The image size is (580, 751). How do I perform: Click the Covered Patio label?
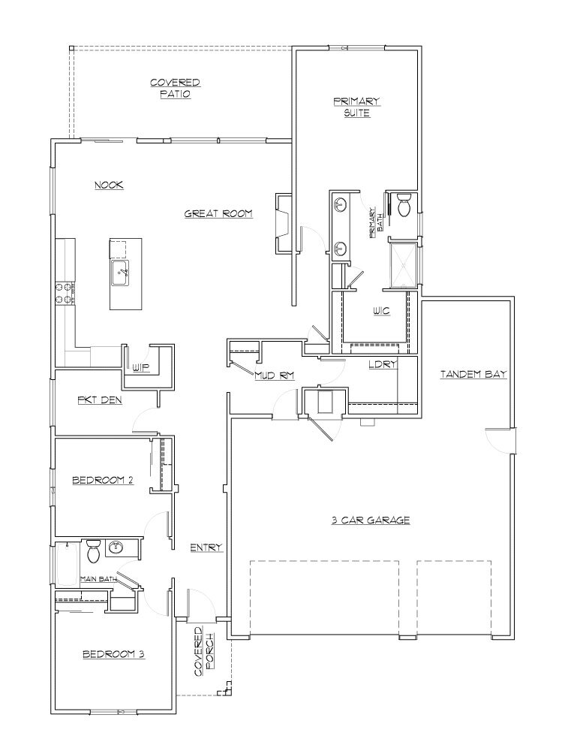click(x=175, y=89)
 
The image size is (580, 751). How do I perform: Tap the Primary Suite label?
click(x=357, y=107)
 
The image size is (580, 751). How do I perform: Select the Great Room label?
click(x=218, y=214)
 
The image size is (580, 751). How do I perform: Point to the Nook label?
click(x=109, y=185)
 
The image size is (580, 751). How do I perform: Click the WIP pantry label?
click(x=141, y=367)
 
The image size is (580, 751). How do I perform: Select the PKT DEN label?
click(x=99, y=400)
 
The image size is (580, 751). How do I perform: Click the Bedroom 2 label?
click(x=103, y=480)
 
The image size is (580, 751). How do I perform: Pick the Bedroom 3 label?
click(x=113, y=654)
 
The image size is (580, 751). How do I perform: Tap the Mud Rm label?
click(x=273, y=375)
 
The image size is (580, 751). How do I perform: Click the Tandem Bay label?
click(x=473, y=373)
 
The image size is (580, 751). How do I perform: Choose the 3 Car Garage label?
click(x=371, y=520)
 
